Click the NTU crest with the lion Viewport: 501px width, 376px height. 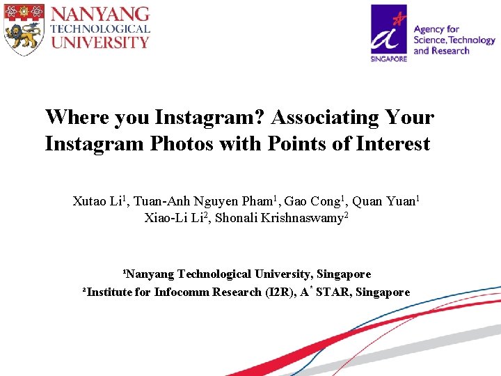24,29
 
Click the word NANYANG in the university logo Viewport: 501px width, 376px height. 100,14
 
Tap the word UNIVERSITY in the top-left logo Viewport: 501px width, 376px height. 100,42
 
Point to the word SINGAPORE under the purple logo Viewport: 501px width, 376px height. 389,59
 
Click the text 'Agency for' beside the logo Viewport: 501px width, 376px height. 436,29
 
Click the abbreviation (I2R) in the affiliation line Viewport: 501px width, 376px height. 281,292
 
